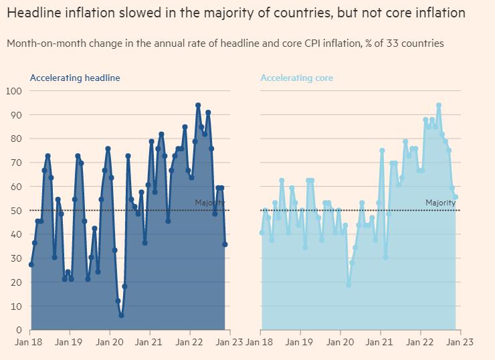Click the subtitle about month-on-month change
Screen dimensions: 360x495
click(225, 43)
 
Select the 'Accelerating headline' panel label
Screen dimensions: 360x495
click(75, 78)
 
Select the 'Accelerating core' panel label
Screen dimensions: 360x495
click(296, 78)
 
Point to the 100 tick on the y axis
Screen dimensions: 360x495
click(14, 91)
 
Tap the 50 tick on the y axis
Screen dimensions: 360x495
click(16, 211)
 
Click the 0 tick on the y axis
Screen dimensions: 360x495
click(19, 331)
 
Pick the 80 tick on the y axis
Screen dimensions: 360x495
click(16, 139)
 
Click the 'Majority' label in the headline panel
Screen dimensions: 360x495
click(209, 203)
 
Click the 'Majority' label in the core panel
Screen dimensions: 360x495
click(440, 203)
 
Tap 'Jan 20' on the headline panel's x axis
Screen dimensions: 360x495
click(110, 342)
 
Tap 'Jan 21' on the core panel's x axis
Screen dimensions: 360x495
click(381, 342)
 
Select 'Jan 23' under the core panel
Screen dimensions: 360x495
click(460, 342)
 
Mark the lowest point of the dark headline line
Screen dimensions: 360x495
click(121, 315)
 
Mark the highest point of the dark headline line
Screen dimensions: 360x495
click(198, 105)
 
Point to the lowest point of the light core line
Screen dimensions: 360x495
click(349, 285)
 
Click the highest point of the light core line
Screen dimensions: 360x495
click(439, 105)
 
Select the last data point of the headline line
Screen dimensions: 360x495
click(225, 244)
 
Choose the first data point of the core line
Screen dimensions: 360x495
click(262, 233)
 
